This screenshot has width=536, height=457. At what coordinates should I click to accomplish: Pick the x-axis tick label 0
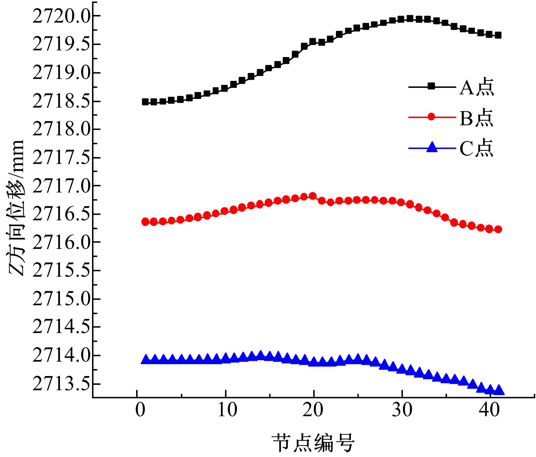pyautogui.click(x=140, y=410)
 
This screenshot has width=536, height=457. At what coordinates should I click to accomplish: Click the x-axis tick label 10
pyautogui.click(x=228, y=410)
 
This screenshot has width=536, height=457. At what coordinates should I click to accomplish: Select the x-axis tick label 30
pyautogui.click(x=402, y=410)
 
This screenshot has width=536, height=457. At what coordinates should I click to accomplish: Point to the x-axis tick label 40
pyautogui.click(x=490, y=410)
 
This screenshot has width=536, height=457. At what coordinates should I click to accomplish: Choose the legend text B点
pyautogui.click(x=476, y=118)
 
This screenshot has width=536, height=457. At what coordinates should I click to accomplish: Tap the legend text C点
pyautogui.click(x=476, y=148)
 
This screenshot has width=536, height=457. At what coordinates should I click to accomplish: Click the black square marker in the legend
pyautogui.click(x=431, y=87)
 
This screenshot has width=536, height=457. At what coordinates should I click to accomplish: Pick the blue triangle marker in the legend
pyautogui.click(x=431, y=147)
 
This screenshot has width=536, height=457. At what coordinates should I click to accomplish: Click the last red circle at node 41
pyautogui.click(x=498, y=229)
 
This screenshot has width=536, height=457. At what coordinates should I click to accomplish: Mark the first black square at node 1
pyautogui.click(x=145, y=102)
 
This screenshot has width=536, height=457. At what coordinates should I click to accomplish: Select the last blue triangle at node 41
pyautogui.click(x=499, y=390)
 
